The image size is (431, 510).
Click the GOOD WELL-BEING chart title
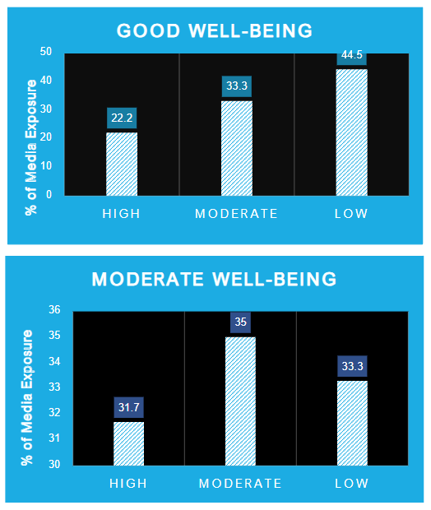(215, 31)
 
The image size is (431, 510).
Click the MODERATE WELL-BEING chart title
(215, 279)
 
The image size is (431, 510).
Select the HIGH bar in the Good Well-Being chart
(122, 164)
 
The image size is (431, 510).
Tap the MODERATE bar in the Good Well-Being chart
(237, 148)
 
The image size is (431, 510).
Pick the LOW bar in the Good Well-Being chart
(352, 132)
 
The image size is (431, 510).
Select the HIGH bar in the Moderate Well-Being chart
(128, 443)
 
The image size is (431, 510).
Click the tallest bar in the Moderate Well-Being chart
(240, 401)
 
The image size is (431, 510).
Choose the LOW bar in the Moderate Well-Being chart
(352, 423)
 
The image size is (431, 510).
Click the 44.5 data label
(352, 56)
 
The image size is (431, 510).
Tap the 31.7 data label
(128, 407)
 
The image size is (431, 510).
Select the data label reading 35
(240, 322)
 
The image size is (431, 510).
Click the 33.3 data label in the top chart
(237, 86)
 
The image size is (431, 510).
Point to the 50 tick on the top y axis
(46, 52)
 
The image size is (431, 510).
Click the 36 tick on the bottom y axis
(55, 310)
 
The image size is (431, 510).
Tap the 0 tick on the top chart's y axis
(49, 195)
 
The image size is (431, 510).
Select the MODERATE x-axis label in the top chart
(237, 214)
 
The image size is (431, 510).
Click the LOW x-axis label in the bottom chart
(352, 482)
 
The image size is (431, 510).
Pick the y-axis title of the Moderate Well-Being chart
(28, 387)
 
